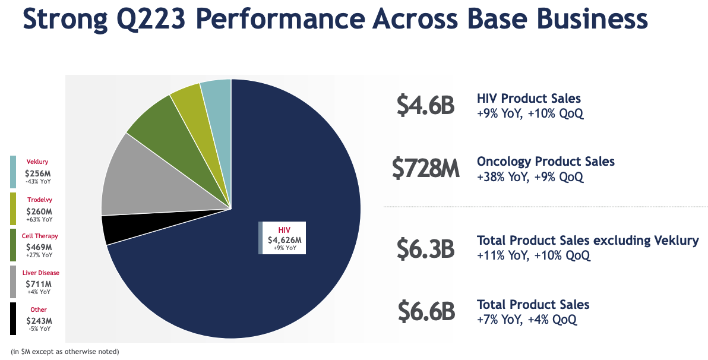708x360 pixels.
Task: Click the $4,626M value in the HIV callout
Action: click(x=285, y=240)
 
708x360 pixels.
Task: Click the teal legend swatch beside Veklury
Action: click(x=13, y=172)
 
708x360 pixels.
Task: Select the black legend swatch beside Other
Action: click(x=13, y=319)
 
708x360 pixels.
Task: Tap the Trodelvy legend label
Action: click(x=40, y=200)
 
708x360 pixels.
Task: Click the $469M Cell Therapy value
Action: click(x=39, y=247)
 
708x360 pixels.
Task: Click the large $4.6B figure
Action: click(x=425, y=105)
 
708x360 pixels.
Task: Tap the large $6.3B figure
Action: click(x=425, y=248)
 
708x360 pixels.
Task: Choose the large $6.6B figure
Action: click(x=425, y=312)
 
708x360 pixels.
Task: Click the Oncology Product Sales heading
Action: click(x=545, y=162)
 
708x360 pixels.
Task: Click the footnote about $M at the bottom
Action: click(x=65, y=352)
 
